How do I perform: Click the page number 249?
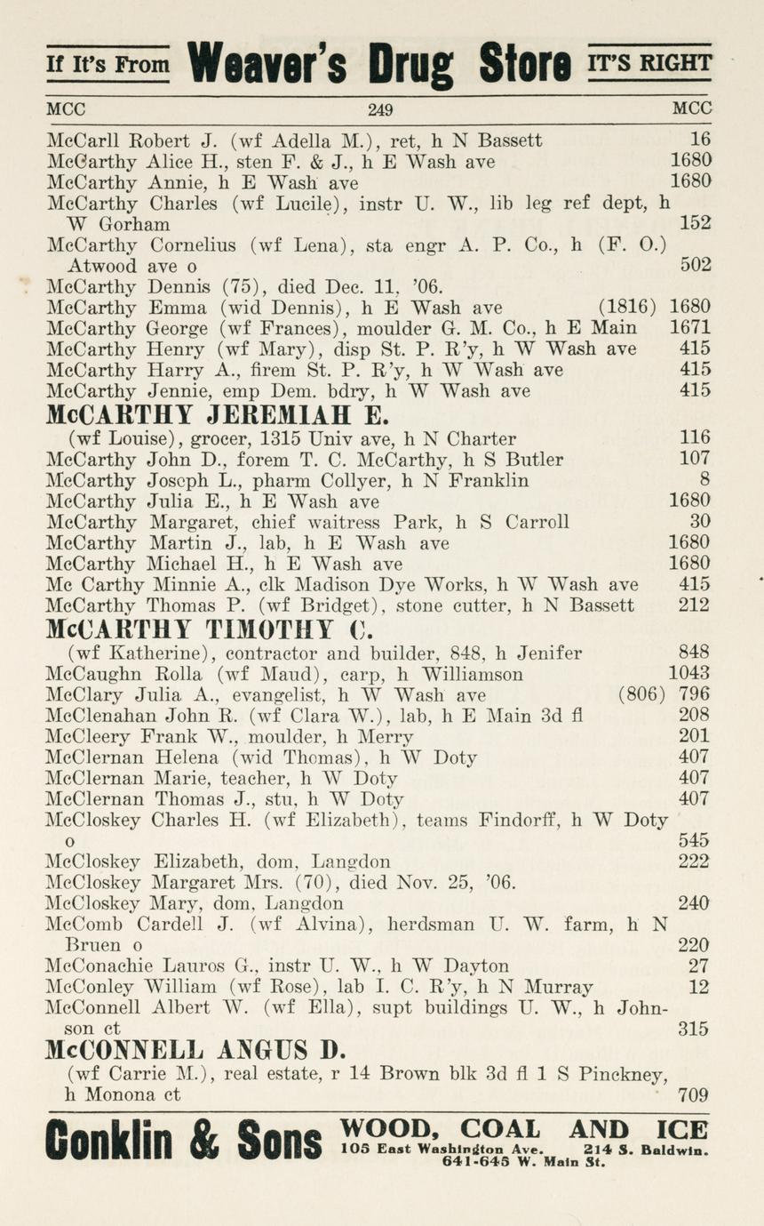(380, 111)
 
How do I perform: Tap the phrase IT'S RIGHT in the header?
(649, 63)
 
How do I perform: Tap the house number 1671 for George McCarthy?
(689, 329)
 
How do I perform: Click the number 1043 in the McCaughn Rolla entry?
(689, 673)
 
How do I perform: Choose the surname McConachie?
(96, 966)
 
